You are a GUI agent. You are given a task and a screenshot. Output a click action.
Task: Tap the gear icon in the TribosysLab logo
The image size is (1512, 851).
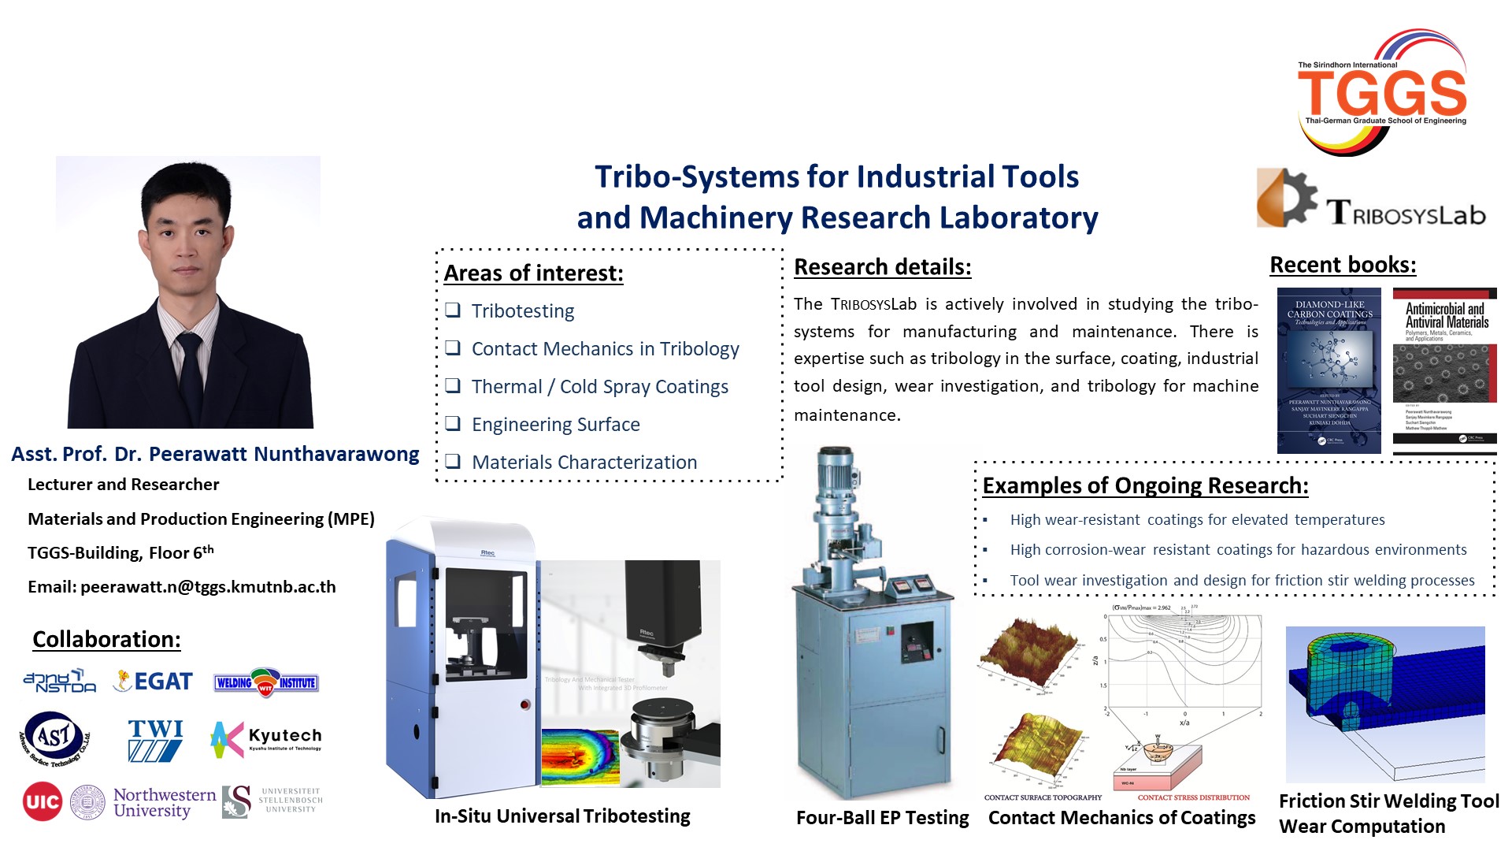[1286, 196]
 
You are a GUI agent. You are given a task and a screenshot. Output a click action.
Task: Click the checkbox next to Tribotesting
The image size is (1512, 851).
[453, 310]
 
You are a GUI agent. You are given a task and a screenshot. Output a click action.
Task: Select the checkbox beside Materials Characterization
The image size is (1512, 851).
[453, 461]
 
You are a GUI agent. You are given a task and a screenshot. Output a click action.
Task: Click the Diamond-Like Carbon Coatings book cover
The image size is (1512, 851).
[1329, 370]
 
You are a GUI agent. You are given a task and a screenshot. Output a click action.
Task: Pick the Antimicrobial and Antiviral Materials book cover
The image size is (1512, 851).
[1444, 370]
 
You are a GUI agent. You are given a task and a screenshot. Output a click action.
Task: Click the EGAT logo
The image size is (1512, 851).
[154, 681]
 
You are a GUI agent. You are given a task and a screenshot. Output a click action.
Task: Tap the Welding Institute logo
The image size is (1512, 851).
[266, 682]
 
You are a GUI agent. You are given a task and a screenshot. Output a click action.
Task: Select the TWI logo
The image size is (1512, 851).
[155, 739]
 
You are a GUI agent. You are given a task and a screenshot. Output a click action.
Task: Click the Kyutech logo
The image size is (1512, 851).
[266, 739]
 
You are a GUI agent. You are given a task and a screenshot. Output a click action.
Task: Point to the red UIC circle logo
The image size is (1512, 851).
[43, 801]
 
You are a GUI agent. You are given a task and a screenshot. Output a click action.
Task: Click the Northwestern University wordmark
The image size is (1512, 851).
[164, 802]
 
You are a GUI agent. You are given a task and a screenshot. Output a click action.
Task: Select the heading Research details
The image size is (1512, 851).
[882, 267]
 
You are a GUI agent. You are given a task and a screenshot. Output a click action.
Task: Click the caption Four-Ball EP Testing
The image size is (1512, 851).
[882, 818]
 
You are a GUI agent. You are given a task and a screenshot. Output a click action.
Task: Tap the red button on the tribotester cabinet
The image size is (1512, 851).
[525, 704]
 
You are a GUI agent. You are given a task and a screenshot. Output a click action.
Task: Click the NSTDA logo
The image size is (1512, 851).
[60, 682]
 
